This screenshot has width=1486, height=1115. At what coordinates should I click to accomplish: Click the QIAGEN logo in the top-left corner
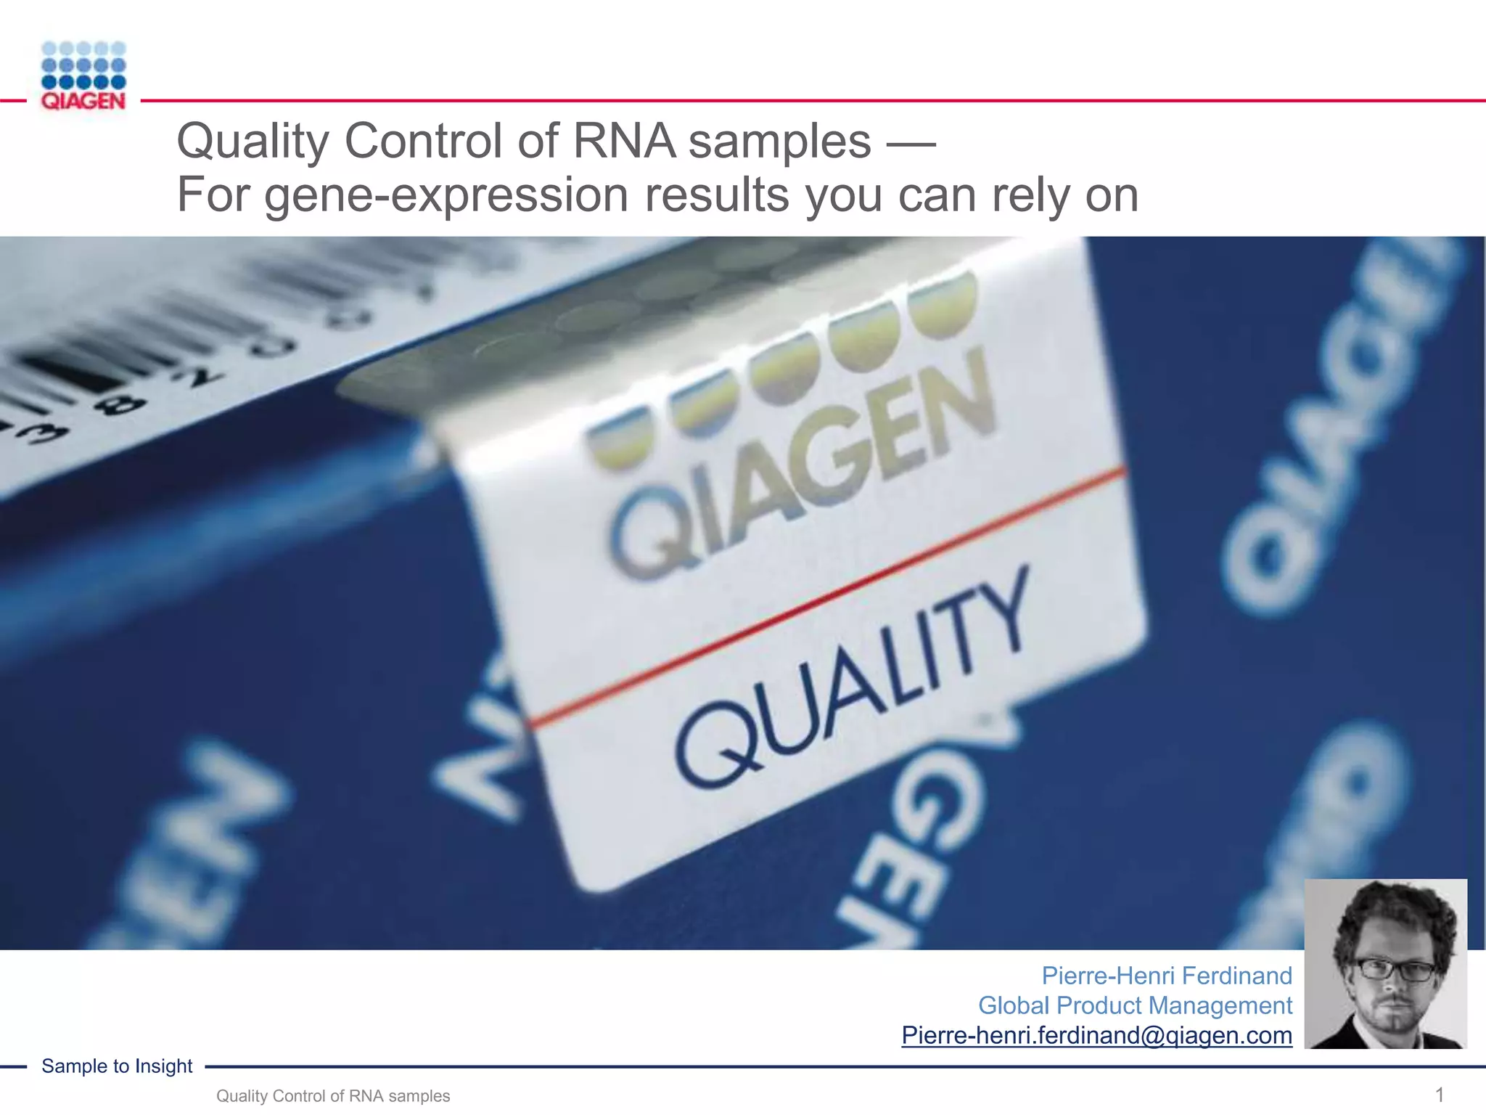83,75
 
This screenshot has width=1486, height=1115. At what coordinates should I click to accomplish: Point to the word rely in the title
1033,195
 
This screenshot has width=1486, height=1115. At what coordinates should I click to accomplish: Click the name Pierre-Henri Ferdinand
1166,976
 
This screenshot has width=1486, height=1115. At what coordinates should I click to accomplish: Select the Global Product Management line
1135,1005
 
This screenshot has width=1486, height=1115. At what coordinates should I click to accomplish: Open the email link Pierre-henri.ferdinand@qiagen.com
1096,1035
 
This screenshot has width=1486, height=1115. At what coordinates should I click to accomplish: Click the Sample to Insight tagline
117,1066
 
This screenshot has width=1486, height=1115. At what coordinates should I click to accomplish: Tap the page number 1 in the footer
1440,1095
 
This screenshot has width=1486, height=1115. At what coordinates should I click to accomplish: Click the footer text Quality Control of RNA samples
333,1096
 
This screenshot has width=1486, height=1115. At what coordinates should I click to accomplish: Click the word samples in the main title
779,141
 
